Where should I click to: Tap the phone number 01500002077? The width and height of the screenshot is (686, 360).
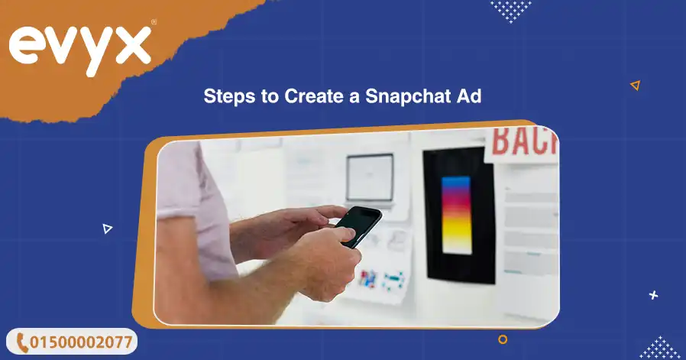[79, 342]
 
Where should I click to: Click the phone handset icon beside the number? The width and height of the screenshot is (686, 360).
[22, 342]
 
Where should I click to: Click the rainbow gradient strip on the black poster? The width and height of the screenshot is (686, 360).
[457, 214]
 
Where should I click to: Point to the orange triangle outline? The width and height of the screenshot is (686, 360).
[635, 86]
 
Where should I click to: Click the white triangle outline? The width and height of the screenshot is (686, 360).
[107, 228]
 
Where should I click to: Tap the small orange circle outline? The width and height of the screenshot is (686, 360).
[503, 339]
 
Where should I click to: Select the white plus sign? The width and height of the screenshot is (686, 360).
[652, 294]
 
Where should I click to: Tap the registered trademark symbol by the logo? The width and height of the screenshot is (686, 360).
[154, 23]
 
